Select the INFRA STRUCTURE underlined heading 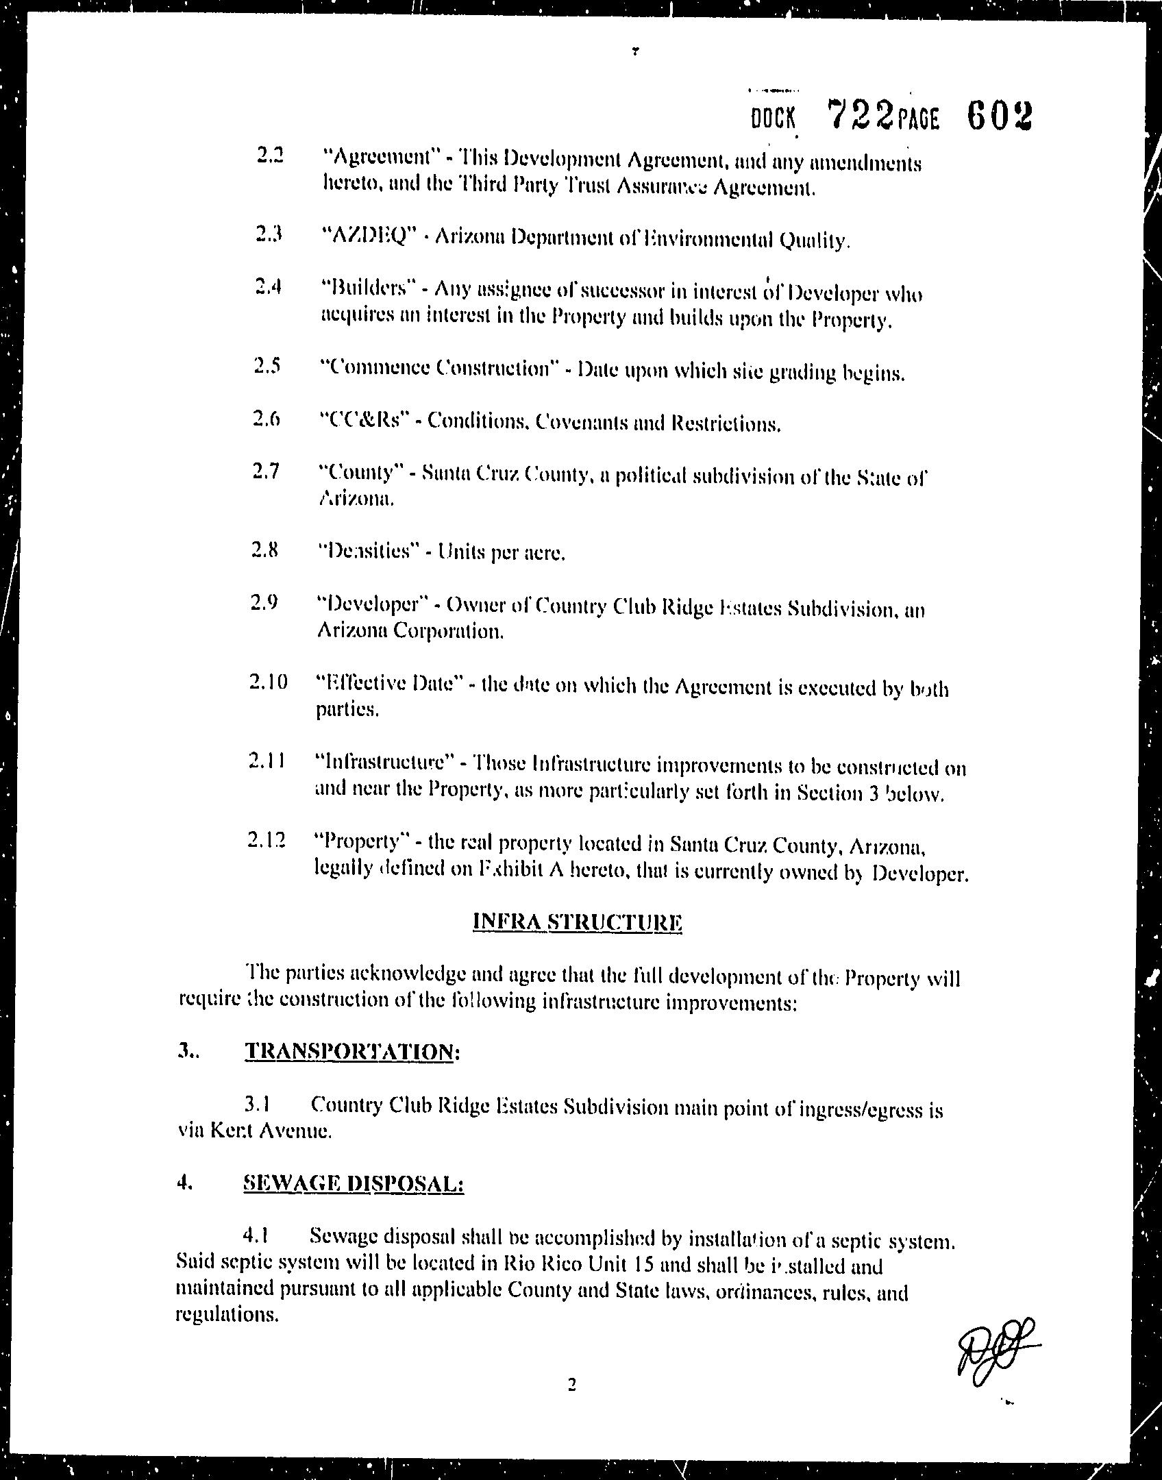click(578, 922)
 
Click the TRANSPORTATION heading click(349, 1051)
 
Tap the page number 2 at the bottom click(572, 1385)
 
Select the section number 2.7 click(266, 471)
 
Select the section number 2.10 click(269, 682)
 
